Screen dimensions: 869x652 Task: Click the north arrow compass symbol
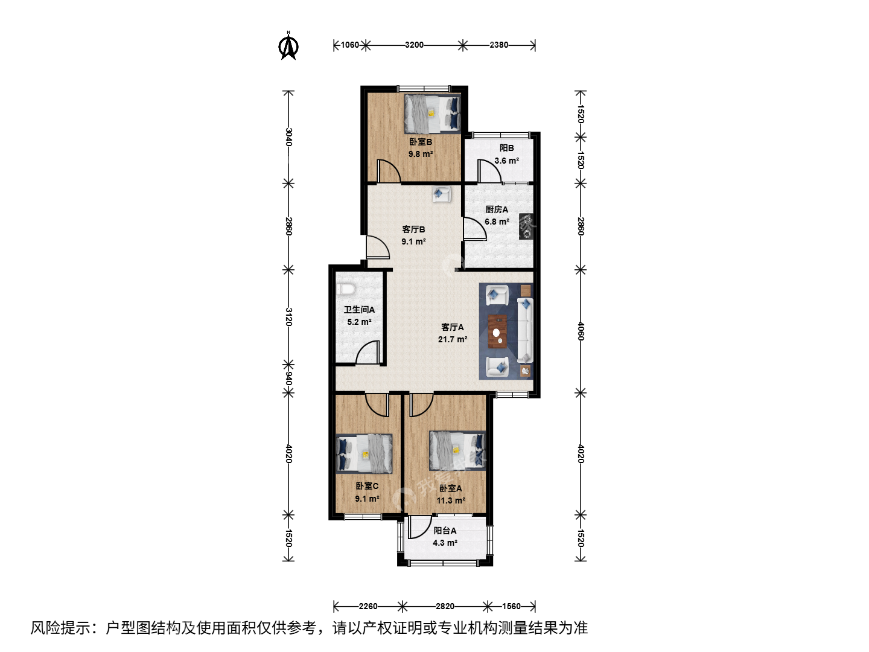[288, 46]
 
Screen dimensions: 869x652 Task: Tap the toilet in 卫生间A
[345, 289]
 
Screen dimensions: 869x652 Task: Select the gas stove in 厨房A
[526, 226]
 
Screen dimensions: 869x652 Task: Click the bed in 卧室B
[433, 113]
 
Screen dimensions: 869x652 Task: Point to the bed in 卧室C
[364, 453]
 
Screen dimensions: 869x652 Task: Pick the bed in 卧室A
[457, 450]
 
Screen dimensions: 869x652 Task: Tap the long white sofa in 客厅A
[525, 330]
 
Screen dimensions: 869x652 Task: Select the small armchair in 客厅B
[441, 194]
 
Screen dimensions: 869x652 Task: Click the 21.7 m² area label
[453, 339]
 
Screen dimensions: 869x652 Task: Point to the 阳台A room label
[445, 531]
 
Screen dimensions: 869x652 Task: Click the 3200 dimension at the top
[414, 45]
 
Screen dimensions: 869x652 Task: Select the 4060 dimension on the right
[581, 331]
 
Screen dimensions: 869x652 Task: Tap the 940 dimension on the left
[288, 378]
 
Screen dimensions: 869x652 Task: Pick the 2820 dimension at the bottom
[445, 606]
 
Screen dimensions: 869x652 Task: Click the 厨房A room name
[497, 209]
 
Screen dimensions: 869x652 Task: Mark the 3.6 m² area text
[507, 161]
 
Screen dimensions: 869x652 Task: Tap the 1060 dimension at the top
[350, 45]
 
